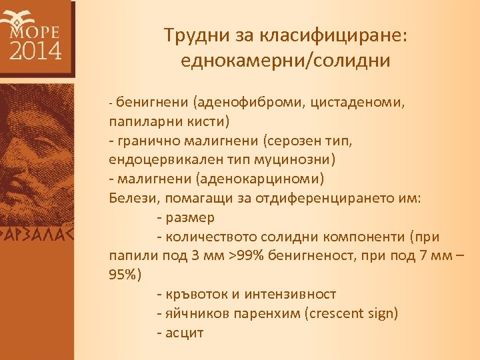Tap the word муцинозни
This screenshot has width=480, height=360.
(293, 161)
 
